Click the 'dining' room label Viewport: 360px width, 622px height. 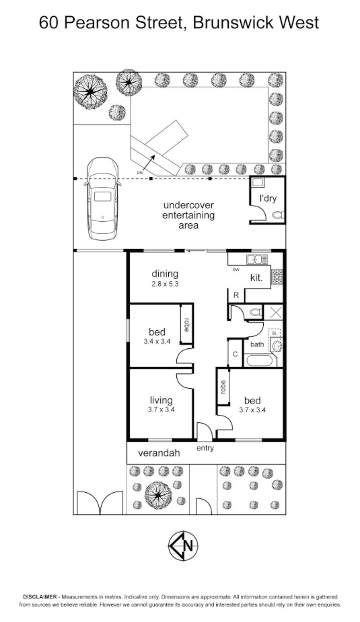pyautogui.click(x=165, y=274)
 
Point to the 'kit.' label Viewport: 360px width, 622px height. pyautogui.click(x=256, y=278)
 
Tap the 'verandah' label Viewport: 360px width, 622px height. pyautogui.click(x=159, y=453)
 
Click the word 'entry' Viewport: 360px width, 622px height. pyautogui.click(x=205, y=448)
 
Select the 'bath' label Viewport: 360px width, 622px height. pyautogui.click(x=257, y=344)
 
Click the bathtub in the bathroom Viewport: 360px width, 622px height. pyautogui.click(x=260, y=360)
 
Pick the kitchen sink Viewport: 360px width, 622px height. pyautogui.click(x=256, y=259)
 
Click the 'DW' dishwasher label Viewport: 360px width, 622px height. pyautogui.click(x=236, y=270)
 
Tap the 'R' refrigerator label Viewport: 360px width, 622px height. pyautogui.click(x=236, y=295)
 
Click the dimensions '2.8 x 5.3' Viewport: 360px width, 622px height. pyautogui.click(x=165, y=284)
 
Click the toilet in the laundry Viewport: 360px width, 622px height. pyautogui.click(x=279, y=215)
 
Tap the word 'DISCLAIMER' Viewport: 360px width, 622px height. pyautogui.click(x=42, y=597)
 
